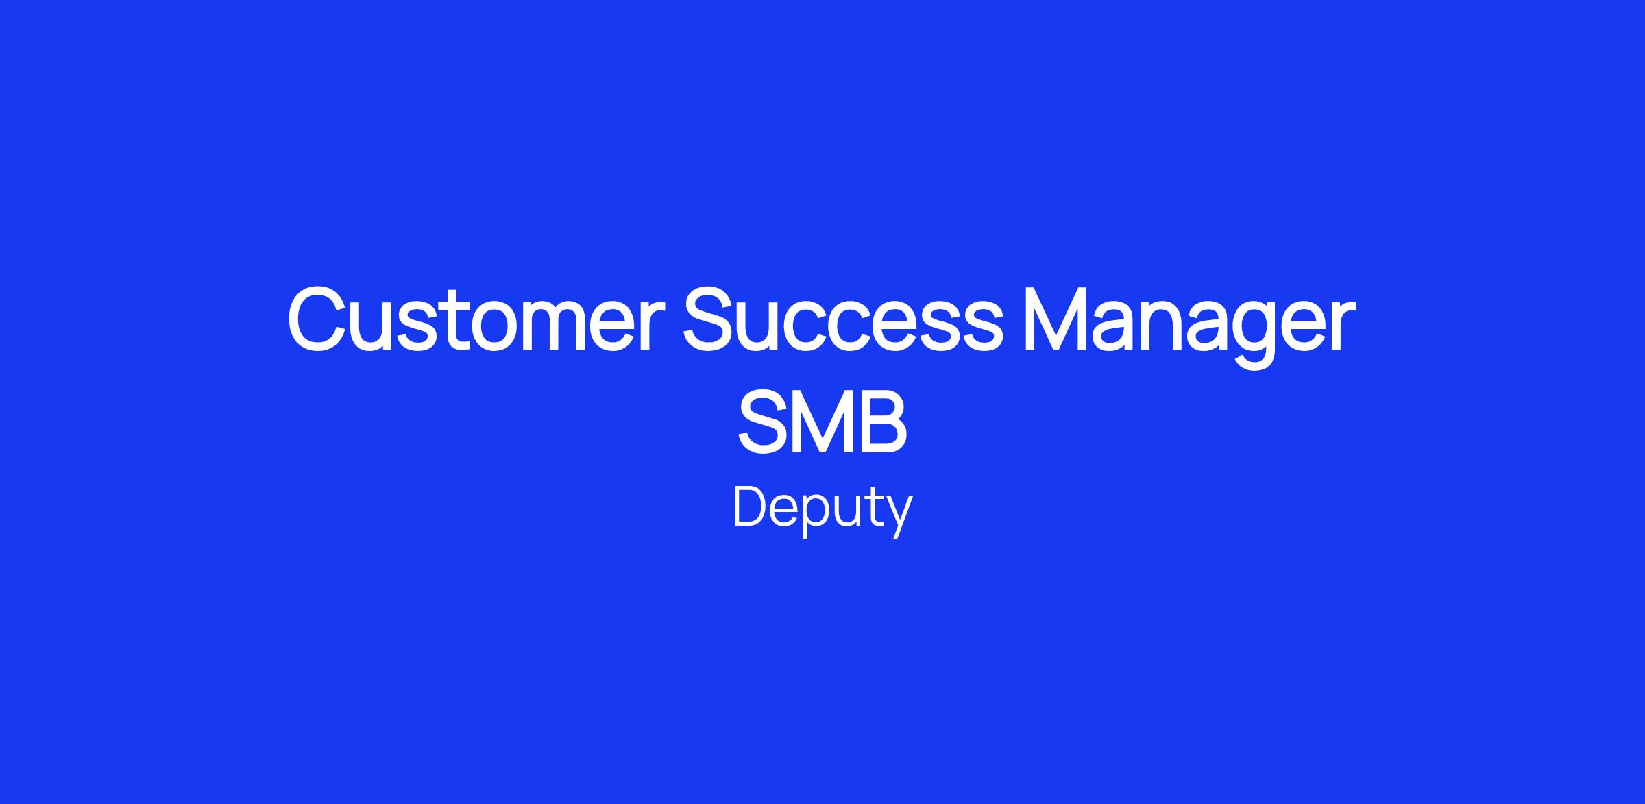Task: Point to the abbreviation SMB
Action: pos(822,420)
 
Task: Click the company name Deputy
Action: pos(822,511)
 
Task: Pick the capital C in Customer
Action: pos(318,320)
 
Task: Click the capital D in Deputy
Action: pos(750,507)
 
